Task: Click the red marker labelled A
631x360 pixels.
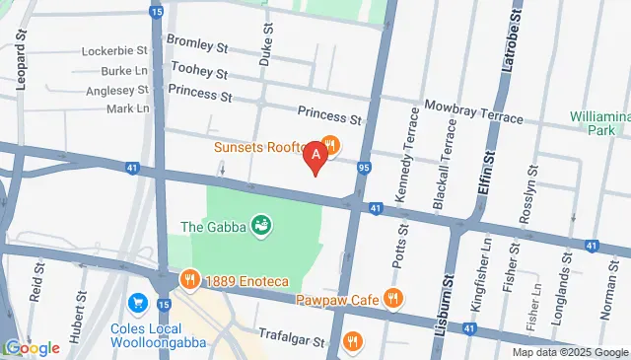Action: point(315,156)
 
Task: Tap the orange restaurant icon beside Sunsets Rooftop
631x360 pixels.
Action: point(332,147)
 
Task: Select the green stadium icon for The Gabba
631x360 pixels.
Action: point(261,227)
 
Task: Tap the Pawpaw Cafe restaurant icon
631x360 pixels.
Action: point(392,297)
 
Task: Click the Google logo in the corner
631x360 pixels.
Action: point(32,347)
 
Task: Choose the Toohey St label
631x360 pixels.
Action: point(199,70)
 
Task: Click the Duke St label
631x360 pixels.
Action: point(264,45)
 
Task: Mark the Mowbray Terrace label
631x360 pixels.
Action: point(473,110)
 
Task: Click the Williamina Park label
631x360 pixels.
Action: point(599,122)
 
